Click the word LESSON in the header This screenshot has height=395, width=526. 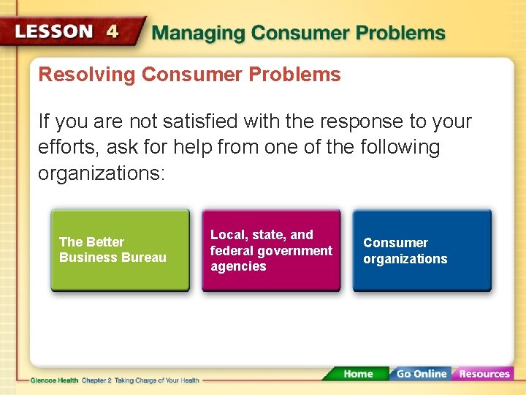tap(55, 33)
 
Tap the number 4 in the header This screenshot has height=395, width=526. tap(112, 33)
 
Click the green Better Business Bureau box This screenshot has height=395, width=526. tap(120, 250)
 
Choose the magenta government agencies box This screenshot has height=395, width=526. tap(271, 250)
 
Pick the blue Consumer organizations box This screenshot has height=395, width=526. tap(422, 250)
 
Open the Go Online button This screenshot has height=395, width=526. tap(421, 374)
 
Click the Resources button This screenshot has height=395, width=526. tap(484, 374)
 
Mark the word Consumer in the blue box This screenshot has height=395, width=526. tap(395, 243)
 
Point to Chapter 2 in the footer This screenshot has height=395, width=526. tap(96, 380)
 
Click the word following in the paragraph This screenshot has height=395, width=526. tap(400, 147)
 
